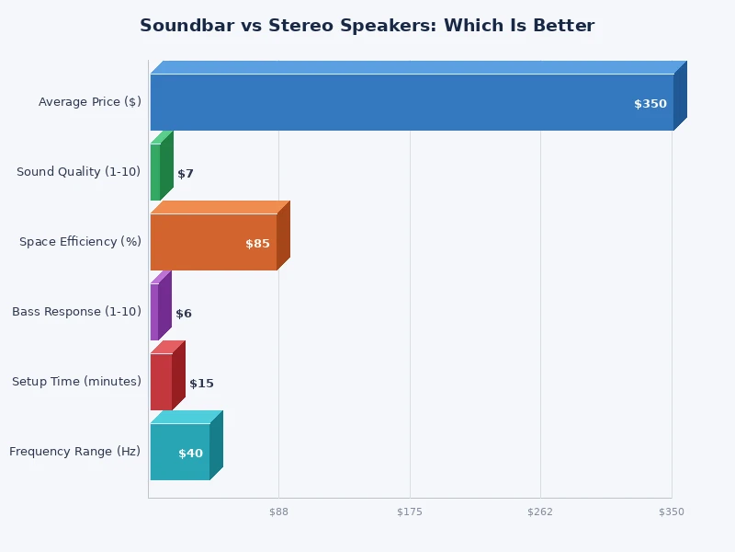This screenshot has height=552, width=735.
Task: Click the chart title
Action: (367, 26)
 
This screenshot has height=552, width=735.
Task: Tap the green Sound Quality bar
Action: (155, 172)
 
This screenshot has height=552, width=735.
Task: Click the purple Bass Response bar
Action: (154, 312)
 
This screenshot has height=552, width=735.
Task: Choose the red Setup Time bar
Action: (161, 382)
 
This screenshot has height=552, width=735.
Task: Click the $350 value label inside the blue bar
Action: (650, 104)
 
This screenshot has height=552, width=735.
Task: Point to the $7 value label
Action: (186, 174)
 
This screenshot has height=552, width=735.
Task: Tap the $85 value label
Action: (257, 244)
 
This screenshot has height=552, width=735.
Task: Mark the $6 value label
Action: (184, 314)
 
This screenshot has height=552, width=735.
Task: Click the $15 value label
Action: (201, 384)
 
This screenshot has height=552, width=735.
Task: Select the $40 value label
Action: (190, 454)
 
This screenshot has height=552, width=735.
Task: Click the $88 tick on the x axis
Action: (278, 512)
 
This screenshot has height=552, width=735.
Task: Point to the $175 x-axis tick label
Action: (410, 512)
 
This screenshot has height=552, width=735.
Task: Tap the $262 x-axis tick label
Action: (540, 512)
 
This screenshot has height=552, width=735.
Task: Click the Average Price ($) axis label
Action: (90, 102)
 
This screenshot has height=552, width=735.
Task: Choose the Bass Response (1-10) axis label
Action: (76, 312)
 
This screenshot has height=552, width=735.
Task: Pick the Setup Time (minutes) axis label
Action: (76, 382)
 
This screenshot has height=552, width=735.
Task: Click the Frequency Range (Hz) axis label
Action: (75, 452)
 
